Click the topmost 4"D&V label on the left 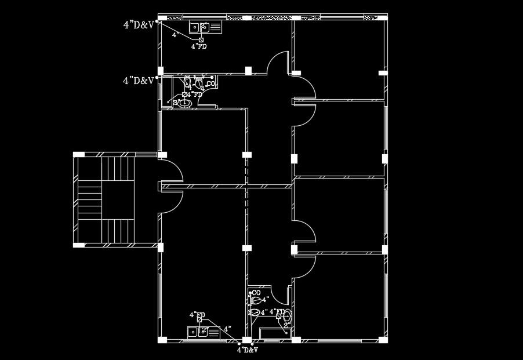pyautogui.click(x=139, y=24)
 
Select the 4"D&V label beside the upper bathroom pyautogui.click(x=139, y=81)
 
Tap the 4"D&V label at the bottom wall pyautogui.click(x=247, y=350)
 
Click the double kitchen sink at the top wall pyautogui.click(x=205, y=27)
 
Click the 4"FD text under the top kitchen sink pyautogui.click(x=199, y=46)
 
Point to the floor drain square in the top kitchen pyautogui.click(x=201, y=39)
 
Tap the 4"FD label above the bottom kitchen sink pyautogui.click(x=197, y=315)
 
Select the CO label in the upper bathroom pyautogui.click(x=211, y=84)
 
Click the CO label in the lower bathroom pyautogui.click(x=256, y=293)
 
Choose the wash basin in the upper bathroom pyautogui.click(x=185, y=103)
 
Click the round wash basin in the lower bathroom pyautogui.click(x=287, y=316)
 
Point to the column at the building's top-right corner pyautogui.click(x=383, y=17)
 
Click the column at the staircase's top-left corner pyautogui.click(x=79, y=155)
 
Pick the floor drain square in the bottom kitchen pyautogui.click(x=200, y=319)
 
